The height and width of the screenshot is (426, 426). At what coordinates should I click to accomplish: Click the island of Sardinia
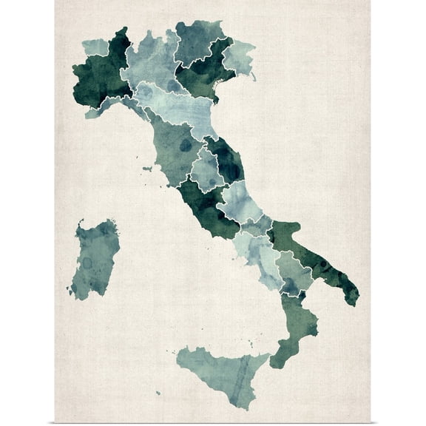pyautogui.click(x=94, y=259)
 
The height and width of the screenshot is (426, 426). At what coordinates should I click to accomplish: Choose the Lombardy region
pyautogui.click(x=148, y=63)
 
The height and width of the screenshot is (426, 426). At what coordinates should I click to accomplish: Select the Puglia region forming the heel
pyautogui.click(x=311, y=251)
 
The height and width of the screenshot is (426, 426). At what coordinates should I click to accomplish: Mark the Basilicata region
pyautogui.click(x=293, y=270)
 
